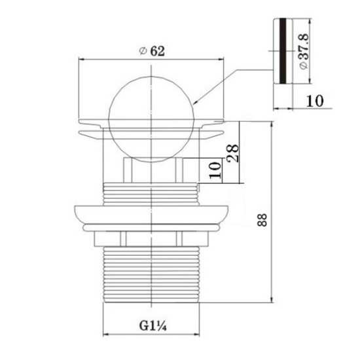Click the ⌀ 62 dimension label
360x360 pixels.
point(153,51)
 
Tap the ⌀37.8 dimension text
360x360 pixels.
point(304,51)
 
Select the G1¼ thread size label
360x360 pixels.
point(153,325)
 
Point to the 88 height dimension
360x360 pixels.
point(262,220)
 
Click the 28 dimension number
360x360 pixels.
point(233,153)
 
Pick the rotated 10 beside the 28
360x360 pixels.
point(215,170)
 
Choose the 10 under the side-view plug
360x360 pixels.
point(315,101)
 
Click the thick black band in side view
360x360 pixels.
point(283,51)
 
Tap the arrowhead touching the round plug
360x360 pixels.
point(196,102)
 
